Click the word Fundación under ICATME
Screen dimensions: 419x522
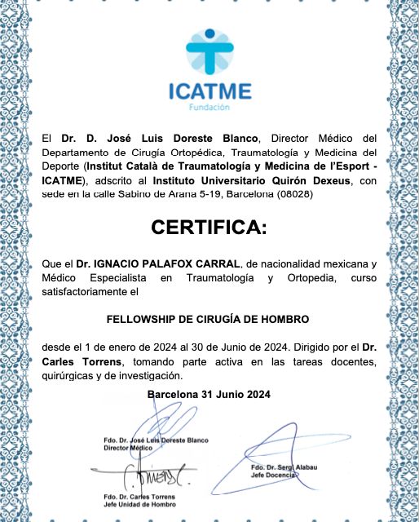click(x=209, y=107)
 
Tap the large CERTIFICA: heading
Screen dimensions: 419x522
click(x=209, y=228)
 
